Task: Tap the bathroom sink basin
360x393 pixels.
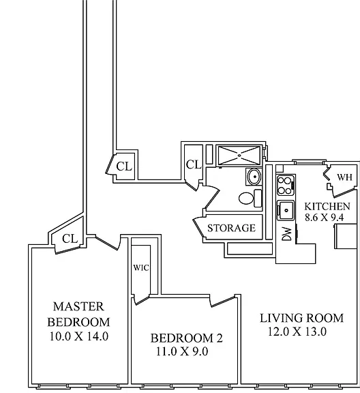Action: (254, 177)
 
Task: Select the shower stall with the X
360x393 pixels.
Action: (239, 156)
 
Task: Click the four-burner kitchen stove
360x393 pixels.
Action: (286, 185)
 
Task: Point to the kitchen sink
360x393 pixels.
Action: (286, 210)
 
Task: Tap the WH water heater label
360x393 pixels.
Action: (344, 177)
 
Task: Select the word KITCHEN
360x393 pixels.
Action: (327, 207)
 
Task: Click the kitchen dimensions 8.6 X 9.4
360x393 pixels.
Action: (324, 217)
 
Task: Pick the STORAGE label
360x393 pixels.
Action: (232, 228)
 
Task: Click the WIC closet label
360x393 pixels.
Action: (141, 267)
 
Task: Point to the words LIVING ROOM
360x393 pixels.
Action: (301, 318)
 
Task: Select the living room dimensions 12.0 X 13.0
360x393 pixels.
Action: (297, 332)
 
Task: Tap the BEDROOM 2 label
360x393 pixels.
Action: (186, 338)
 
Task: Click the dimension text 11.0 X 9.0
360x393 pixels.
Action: (182, 351)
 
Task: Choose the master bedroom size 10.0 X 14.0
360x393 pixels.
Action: (79, 336)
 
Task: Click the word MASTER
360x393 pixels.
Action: (78, 307)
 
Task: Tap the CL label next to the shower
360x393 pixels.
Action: (194, 165)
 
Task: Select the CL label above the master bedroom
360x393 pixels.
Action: (70, 239)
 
